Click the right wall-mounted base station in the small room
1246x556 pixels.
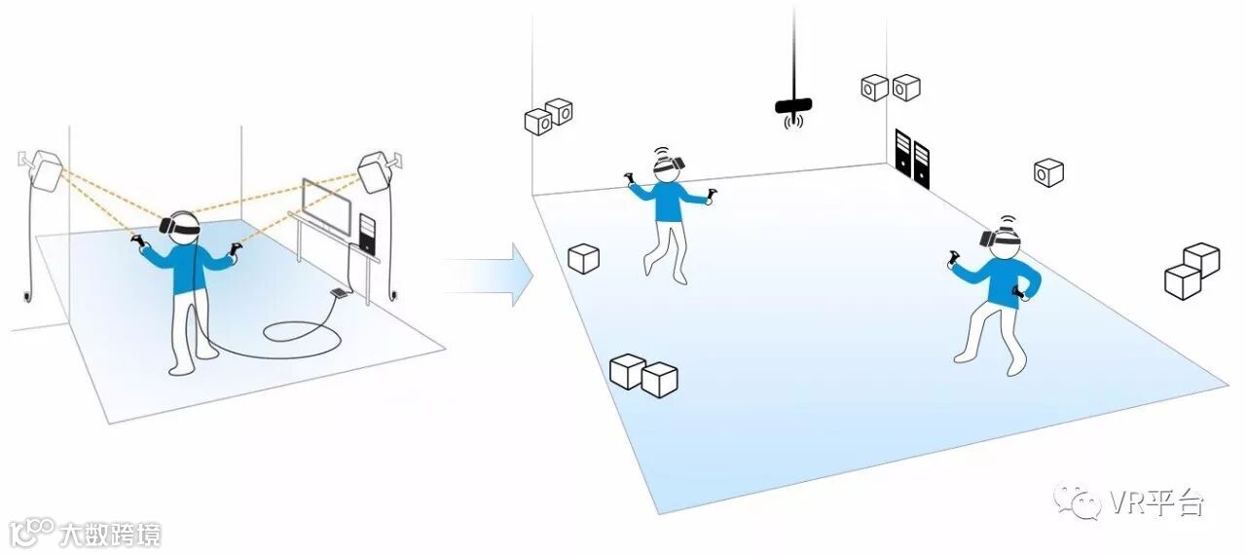click(375, 171)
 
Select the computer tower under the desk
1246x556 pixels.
click(366, 234)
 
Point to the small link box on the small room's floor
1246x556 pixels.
click(338, 291)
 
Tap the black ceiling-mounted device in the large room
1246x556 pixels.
click(794, 105)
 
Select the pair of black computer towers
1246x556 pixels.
click(912, 160)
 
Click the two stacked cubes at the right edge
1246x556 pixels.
click(1191, 270)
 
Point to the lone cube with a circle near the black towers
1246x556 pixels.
click(1047, 172)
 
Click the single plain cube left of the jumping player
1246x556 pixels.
click(583, 258)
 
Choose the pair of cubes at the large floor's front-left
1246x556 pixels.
click(642, 375)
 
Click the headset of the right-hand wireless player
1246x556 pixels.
click(1005, 237)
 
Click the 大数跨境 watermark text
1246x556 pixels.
click(107, 535)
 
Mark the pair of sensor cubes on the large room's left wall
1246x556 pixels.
click(548, 117)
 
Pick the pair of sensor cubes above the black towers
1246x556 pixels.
click(891, 88)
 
